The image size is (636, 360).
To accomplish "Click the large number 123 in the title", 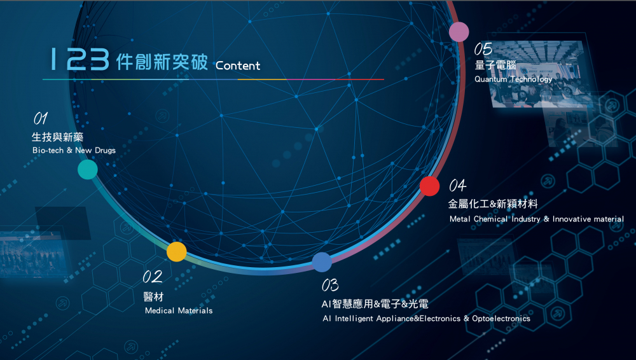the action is [79, 59].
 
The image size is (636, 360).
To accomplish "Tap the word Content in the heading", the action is [238, 66].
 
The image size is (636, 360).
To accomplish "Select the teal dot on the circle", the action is [88, 169].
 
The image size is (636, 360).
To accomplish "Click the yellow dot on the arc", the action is [176, 252].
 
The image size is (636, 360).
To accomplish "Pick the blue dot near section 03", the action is [322, 262].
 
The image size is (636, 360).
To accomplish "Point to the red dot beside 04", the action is [429, 186].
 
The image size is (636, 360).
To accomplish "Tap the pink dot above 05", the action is [459, 32].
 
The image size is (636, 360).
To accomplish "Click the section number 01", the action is [41, 118].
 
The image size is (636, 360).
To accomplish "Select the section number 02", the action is [153, 277].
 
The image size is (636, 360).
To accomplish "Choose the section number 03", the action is [330, 285].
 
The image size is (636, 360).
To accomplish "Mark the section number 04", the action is [457, 186].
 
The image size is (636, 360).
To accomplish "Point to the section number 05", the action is [483, 49].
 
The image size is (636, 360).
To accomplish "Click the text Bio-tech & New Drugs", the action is [74, 150].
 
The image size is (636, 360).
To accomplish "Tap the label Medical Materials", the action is [179, 310].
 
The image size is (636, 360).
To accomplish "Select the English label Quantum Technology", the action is [513, 79].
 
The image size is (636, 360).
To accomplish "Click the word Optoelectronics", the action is [501, 319].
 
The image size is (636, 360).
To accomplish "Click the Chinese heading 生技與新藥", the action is [58, 137].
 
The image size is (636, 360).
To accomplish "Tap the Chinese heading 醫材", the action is [153, 297].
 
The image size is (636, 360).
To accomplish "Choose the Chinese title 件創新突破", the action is [162, 62].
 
